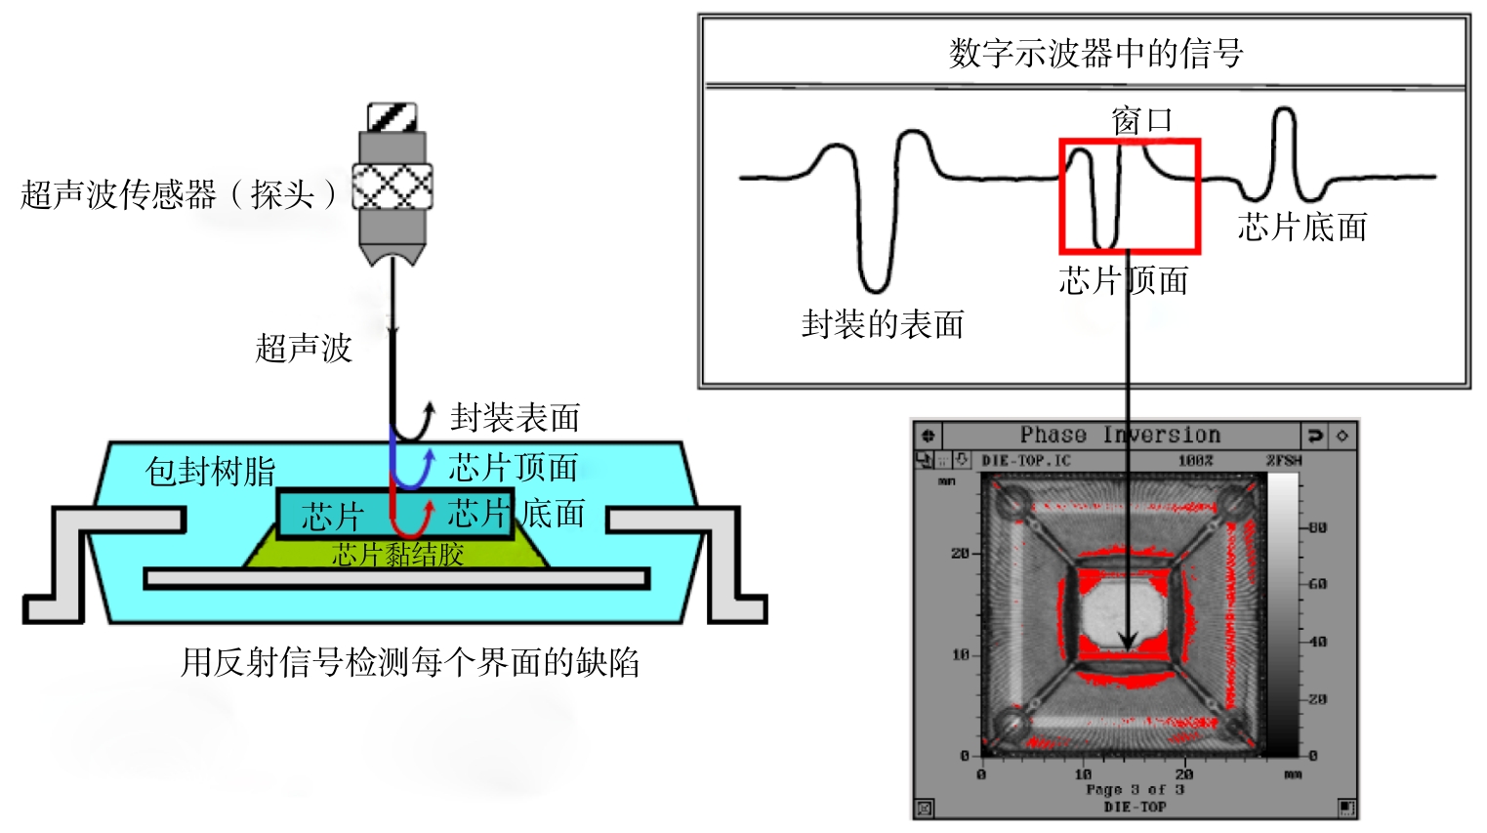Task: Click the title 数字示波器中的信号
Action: pos(1095,53)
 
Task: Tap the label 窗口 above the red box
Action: pos(1141,121)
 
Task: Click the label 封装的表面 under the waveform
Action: pos(883,324)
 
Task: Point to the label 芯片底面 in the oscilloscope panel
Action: pos(1302,228)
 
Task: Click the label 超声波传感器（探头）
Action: pos(179,194)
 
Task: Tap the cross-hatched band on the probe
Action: pos(392,186)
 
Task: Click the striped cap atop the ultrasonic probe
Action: pos(392,117)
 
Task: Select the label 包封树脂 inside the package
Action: pos(211,471)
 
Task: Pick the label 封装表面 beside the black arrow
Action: pos(515,418)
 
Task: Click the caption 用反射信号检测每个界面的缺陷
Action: pos(410,663)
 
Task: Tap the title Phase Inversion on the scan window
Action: pos(1120,435)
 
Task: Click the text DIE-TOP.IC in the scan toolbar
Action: pos(1025,460)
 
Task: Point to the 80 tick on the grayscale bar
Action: pos(1317,528)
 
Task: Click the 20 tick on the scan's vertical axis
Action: pos(960,554)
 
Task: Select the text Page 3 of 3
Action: pos(1135,789)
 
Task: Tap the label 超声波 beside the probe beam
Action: pos(304,349)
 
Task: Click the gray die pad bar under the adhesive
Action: pos(396,579)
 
